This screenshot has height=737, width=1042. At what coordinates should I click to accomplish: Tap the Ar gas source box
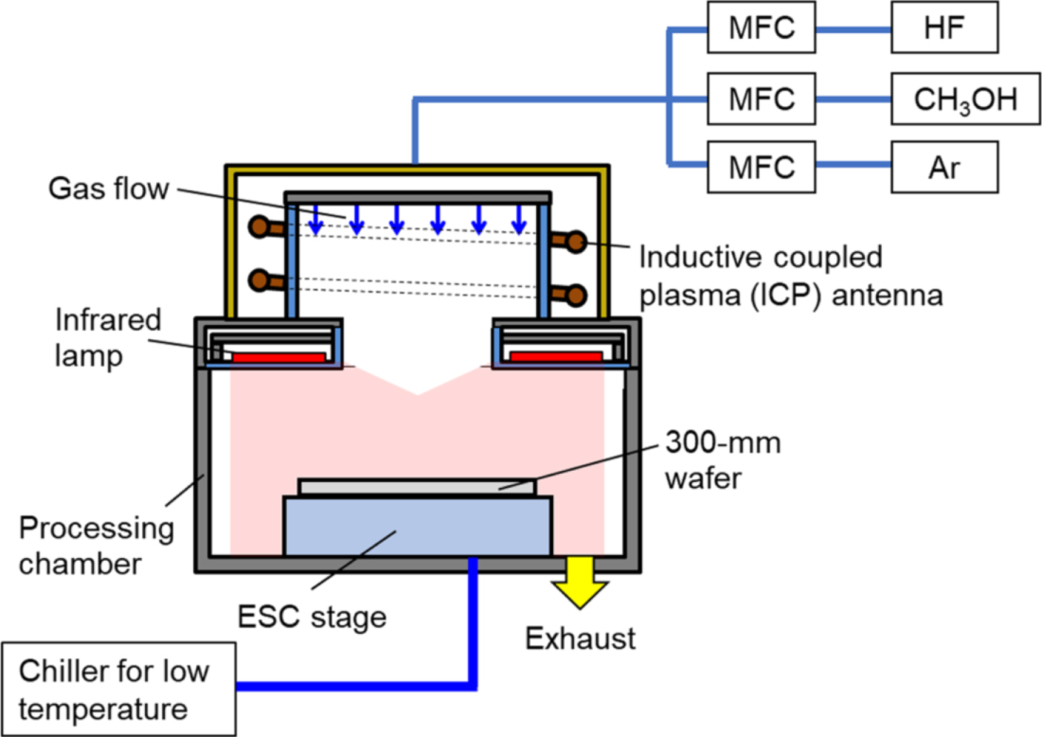click(945, 168)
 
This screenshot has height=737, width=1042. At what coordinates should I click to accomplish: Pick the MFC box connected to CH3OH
click(761, 99)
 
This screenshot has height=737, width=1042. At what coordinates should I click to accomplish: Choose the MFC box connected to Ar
click(761, 168)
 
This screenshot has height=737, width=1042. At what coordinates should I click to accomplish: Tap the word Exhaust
click(581, 638)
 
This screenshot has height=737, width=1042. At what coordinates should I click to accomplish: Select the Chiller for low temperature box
click(117, 688)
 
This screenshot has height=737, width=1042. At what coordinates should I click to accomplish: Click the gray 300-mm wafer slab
click(417, 486)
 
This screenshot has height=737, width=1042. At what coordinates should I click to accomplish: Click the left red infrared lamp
click(278, 357)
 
